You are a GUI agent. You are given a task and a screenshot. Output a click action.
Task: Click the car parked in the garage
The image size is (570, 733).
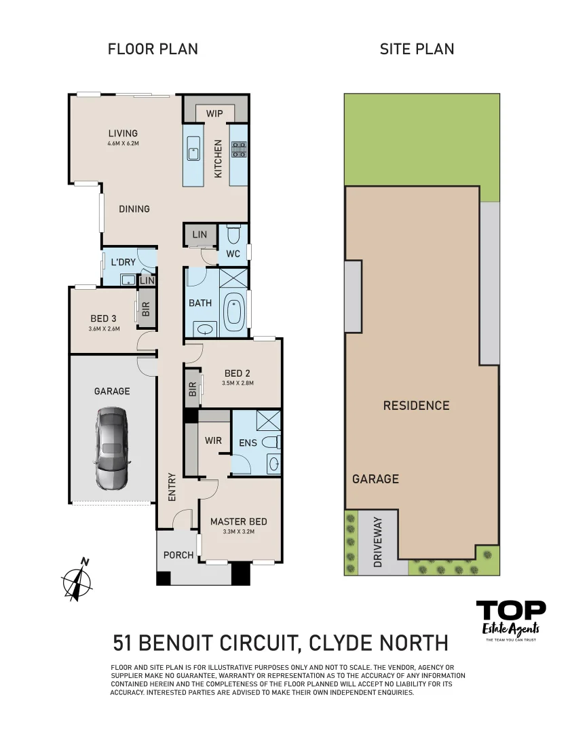(111, 448)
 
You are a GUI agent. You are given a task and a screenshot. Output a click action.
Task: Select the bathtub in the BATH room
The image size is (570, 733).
(234, 309)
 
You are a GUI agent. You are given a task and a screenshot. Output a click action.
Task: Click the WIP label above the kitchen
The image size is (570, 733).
(214, 113)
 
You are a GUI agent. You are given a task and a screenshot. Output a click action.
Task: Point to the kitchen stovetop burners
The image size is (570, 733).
(239, 149)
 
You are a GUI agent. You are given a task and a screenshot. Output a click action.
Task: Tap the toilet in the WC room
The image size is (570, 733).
(233, 235)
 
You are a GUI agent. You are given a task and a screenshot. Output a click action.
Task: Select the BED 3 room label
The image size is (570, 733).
(104, 318)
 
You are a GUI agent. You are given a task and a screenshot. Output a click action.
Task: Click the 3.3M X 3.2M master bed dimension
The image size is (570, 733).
(238, 532)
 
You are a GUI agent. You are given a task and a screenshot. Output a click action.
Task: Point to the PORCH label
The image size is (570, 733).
(178, 555)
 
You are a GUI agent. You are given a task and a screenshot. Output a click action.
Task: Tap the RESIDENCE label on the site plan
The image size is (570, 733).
(416, 405)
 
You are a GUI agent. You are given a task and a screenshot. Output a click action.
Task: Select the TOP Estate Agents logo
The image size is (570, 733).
(511, 618)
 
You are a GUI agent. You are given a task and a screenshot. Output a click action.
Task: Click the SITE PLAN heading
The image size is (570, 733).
(417, 49)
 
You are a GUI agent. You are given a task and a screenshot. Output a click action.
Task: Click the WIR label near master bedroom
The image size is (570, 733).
(213, 440)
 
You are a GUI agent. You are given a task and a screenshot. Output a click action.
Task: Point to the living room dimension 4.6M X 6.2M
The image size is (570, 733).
(123, 143)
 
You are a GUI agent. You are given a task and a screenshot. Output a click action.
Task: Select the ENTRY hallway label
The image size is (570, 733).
(171, 487)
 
